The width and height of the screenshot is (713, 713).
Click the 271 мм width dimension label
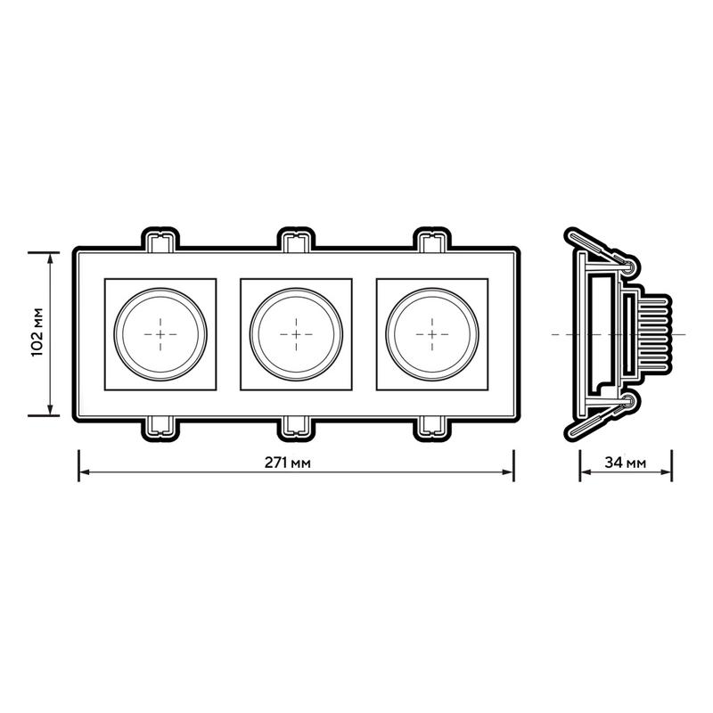coord(288,463)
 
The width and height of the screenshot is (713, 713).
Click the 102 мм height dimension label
coord(37,332)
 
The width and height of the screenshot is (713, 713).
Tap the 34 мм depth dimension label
coord(626,463)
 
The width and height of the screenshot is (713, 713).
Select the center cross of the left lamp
coord(160,335)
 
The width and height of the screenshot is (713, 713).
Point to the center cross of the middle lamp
coord(296,335)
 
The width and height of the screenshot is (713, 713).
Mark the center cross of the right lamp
coord(432,335)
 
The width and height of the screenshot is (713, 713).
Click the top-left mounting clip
coord(160,240)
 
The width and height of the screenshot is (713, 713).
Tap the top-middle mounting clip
coord(296,240)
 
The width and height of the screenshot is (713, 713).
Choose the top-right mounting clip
coord(432,240)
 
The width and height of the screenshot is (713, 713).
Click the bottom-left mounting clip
coord(160,429)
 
